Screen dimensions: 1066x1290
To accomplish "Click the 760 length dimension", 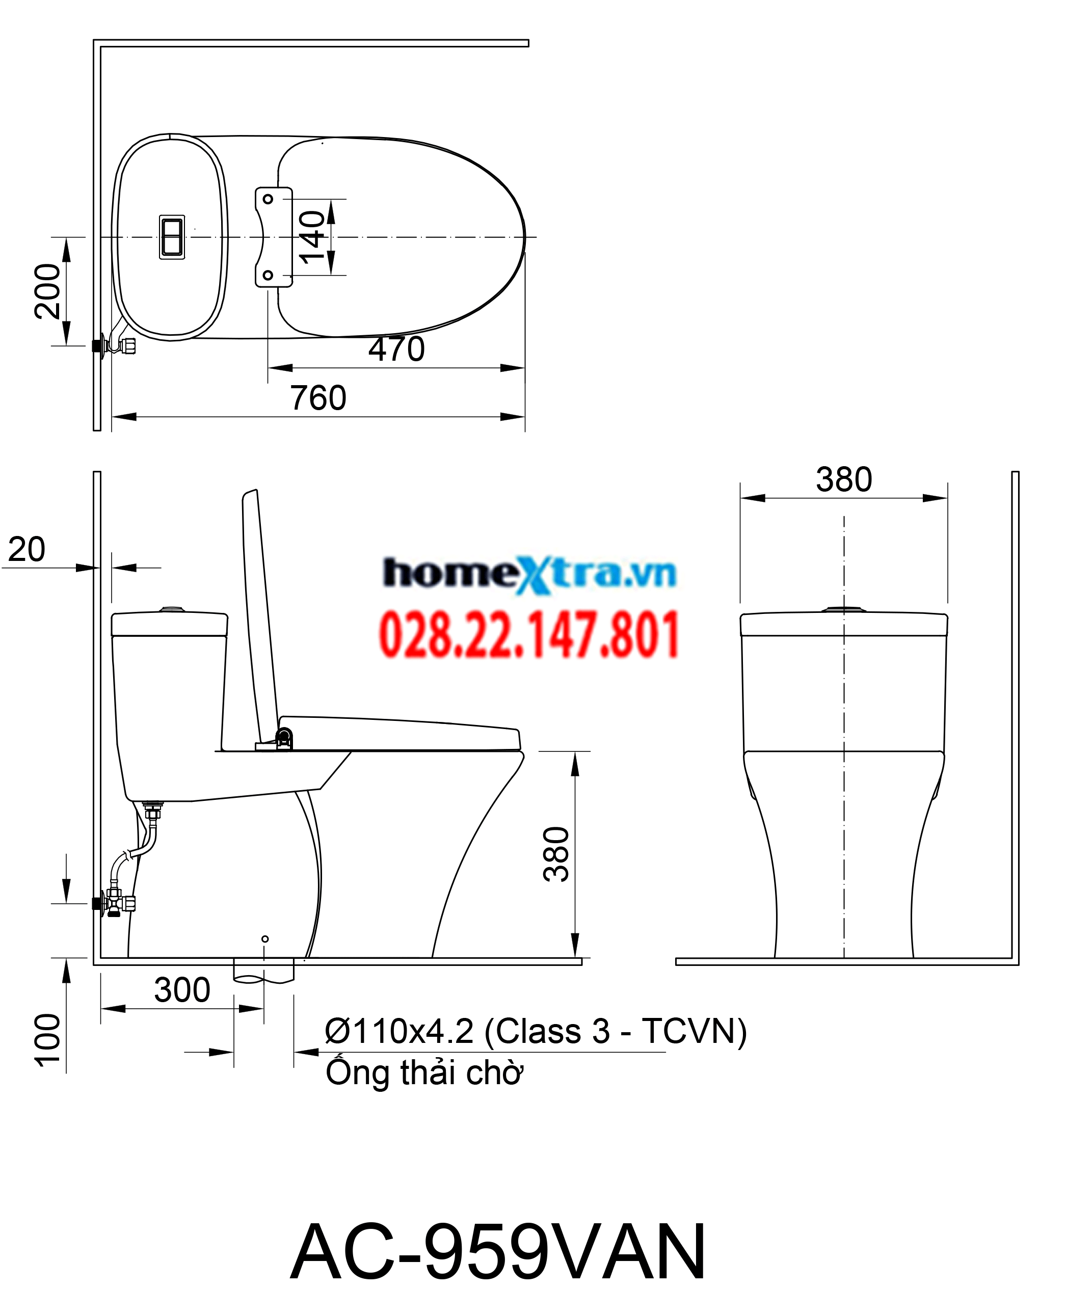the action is [x=318, y=398].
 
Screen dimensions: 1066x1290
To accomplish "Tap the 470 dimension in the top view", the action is [x=396, y=350].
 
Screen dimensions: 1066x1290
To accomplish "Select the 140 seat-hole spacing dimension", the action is [x=312, y=237].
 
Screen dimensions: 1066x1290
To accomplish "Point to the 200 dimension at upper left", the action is [x=48, y=291].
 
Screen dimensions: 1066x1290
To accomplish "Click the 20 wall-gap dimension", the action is [x=26, y=550].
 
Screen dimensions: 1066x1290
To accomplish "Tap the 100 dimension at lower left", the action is [x=48, y=1041].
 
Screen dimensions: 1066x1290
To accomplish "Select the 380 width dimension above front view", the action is [x=844, y=479].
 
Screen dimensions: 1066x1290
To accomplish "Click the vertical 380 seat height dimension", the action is [x=556, y=854].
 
